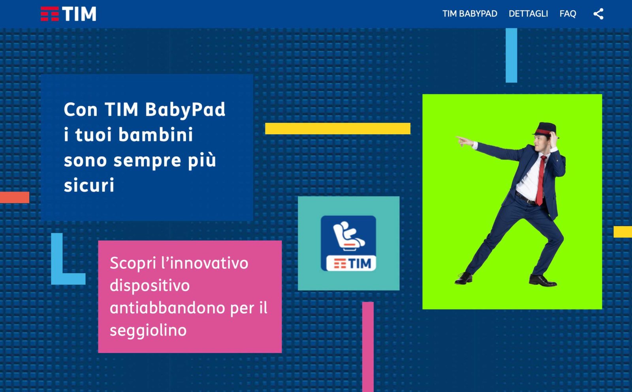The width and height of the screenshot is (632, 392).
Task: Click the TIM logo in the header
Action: point(68,14)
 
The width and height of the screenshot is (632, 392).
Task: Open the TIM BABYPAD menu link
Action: point(470,14)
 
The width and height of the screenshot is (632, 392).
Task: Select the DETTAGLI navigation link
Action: point(528,14)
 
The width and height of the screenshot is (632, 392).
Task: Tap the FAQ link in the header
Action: point(568,14)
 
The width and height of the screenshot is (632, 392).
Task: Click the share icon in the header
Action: point(598,14)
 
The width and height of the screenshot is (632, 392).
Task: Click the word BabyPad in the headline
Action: point(185,110)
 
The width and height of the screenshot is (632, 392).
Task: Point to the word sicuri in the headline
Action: point(89,185)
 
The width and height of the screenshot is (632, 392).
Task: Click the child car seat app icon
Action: point(348,243)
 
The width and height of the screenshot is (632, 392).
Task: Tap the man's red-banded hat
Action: point(545,129)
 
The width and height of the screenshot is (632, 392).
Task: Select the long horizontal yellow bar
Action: point(337,128)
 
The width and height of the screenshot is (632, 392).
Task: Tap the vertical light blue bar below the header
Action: point(511,55)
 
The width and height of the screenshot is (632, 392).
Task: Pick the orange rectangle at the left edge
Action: point(15,197)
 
